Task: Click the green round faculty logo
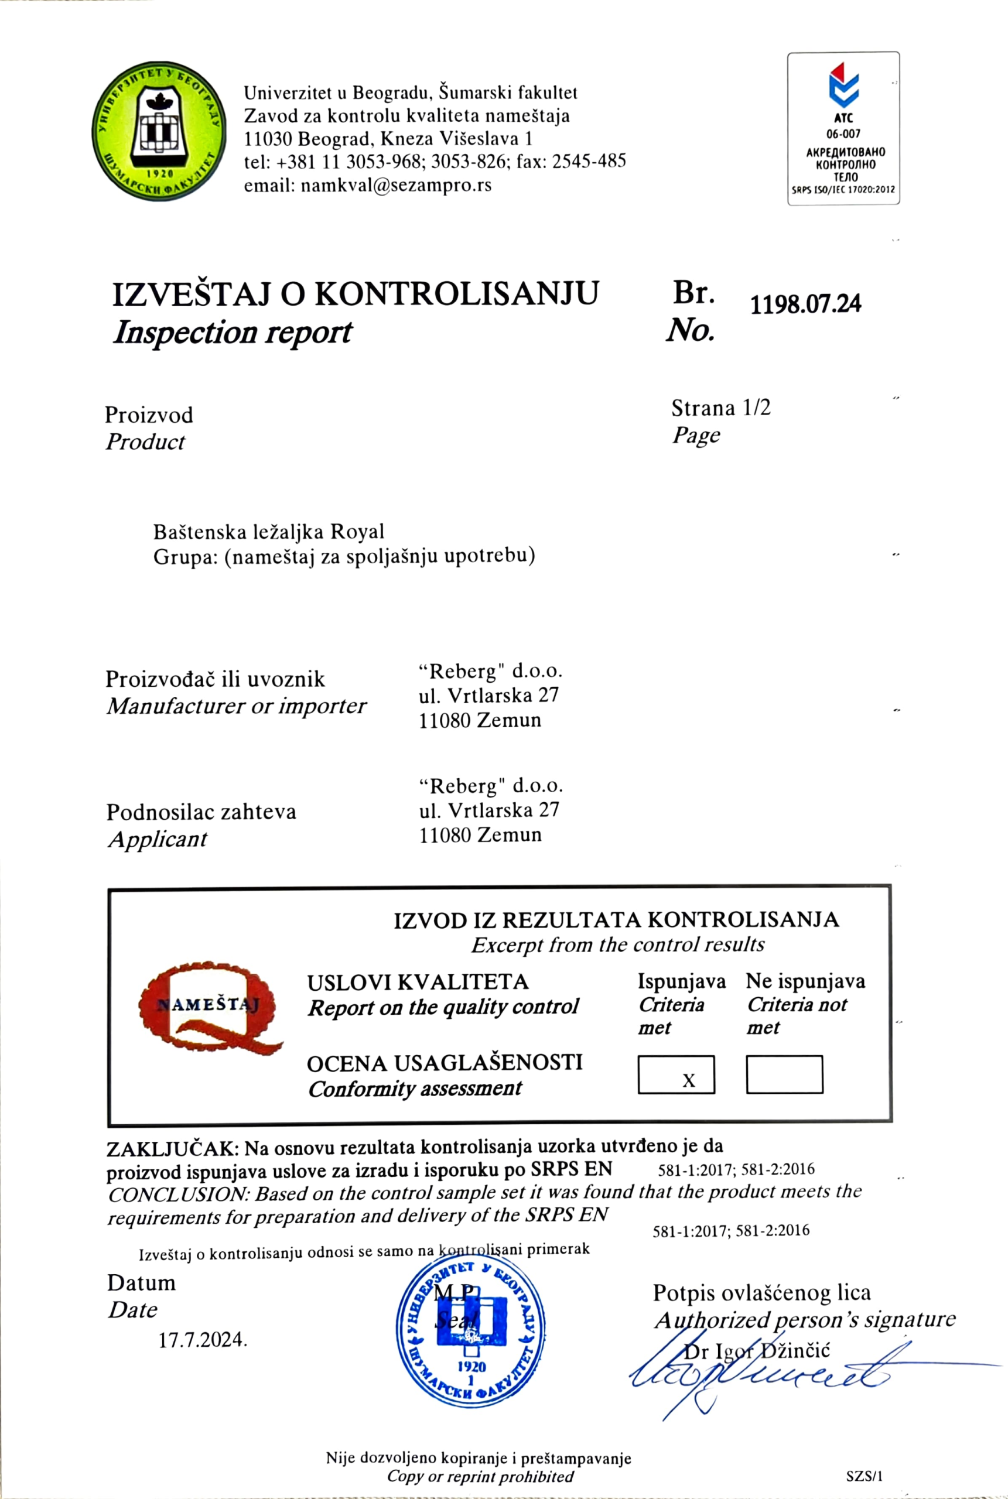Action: click(159, 131)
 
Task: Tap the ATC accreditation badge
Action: click(843, 128)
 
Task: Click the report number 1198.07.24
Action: click(805, 303)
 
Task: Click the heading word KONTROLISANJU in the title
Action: click(456, 295)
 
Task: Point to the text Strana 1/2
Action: click(720, 408)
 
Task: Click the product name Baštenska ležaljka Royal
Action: click(268, 532)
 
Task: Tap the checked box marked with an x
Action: click(676, 1074)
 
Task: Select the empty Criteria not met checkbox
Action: click(784, 1074)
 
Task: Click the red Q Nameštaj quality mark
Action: click(209, 1007)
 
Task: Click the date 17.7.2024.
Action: click(203, 1340)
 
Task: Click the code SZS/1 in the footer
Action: click(864, 1476)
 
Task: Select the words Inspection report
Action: click(233, 333)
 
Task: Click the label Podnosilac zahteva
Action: click(201, 812)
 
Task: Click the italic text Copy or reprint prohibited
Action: click(480, 1476)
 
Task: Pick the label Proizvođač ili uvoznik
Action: click(216, 680)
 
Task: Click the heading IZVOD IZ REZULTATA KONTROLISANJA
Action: click(616, 920)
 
